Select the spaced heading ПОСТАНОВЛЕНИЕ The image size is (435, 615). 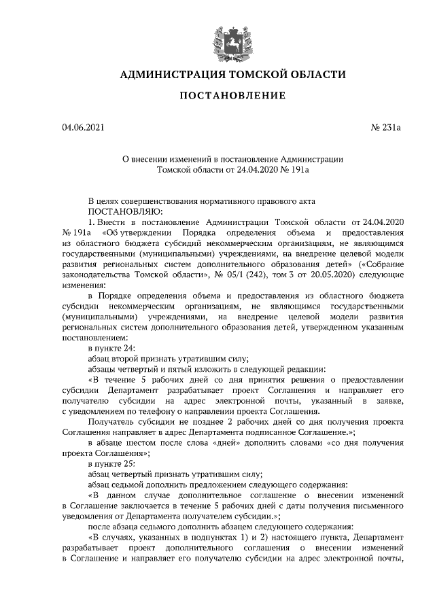click(232, 96)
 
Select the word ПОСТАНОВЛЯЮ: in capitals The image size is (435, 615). click(118, 211)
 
